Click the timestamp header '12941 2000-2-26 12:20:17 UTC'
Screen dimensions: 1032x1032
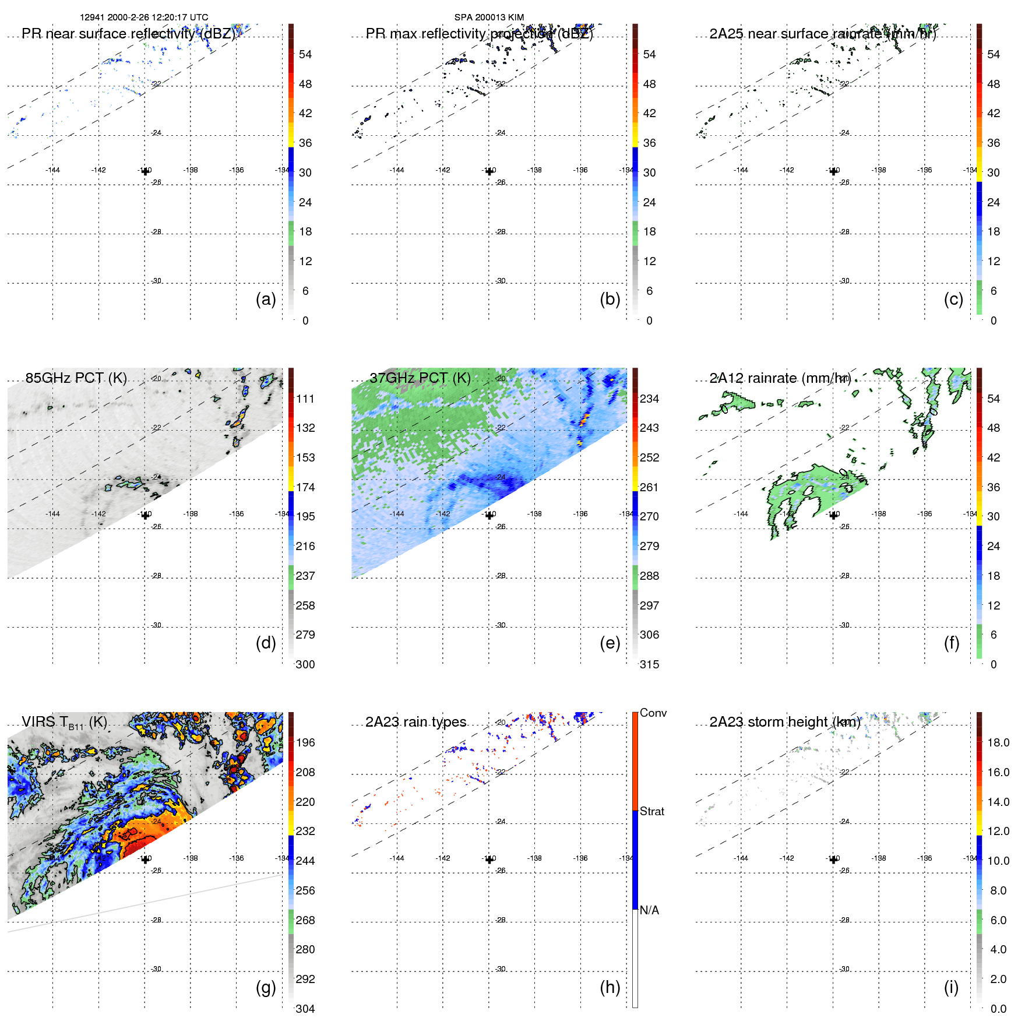tap(144, 17)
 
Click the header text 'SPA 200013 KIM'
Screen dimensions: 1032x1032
tap(489, 17)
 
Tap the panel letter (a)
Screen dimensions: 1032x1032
tap(266, 300)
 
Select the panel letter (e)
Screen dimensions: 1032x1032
tap(610, 643)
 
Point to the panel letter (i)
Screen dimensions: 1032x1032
tap(951, 987)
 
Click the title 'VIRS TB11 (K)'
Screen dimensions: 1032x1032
tap(64, 723)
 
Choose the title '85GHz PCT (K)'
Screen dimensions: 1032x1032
tap(76, 378)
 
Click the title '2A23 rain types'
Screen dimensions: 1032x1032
tap(415, 723)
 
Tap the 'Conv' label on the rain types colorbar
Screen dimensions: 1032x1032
tap(653, 713)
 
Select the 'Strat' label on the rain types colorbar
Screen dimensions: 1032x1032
tap(652, 812)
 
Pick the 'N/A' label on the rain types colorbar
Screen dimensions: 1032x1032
tap(649, 910)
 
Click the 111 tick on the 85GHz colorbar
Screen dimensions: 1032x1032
tap(305, 399)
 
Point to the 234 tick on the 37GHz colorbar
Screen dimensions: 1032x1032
tap(649, 399)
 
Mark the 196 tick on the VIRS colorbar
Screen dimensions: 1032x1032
tap(305, 743)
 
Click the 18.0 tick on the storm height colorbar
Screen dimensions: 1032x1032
tap(998, 743)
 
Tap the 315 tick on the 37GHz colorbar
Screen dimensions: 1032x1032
tap(649, 665)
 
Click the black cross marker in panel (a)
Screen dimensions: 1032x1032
tap(145, 171)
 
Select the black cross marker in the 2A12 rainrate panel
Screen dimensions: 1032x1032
tap(833, 515)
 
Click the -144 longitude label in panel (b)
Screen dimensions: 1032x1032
tap(397, 170)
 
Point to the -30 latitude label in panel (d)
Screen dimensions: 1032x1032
tap(157, 625)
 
